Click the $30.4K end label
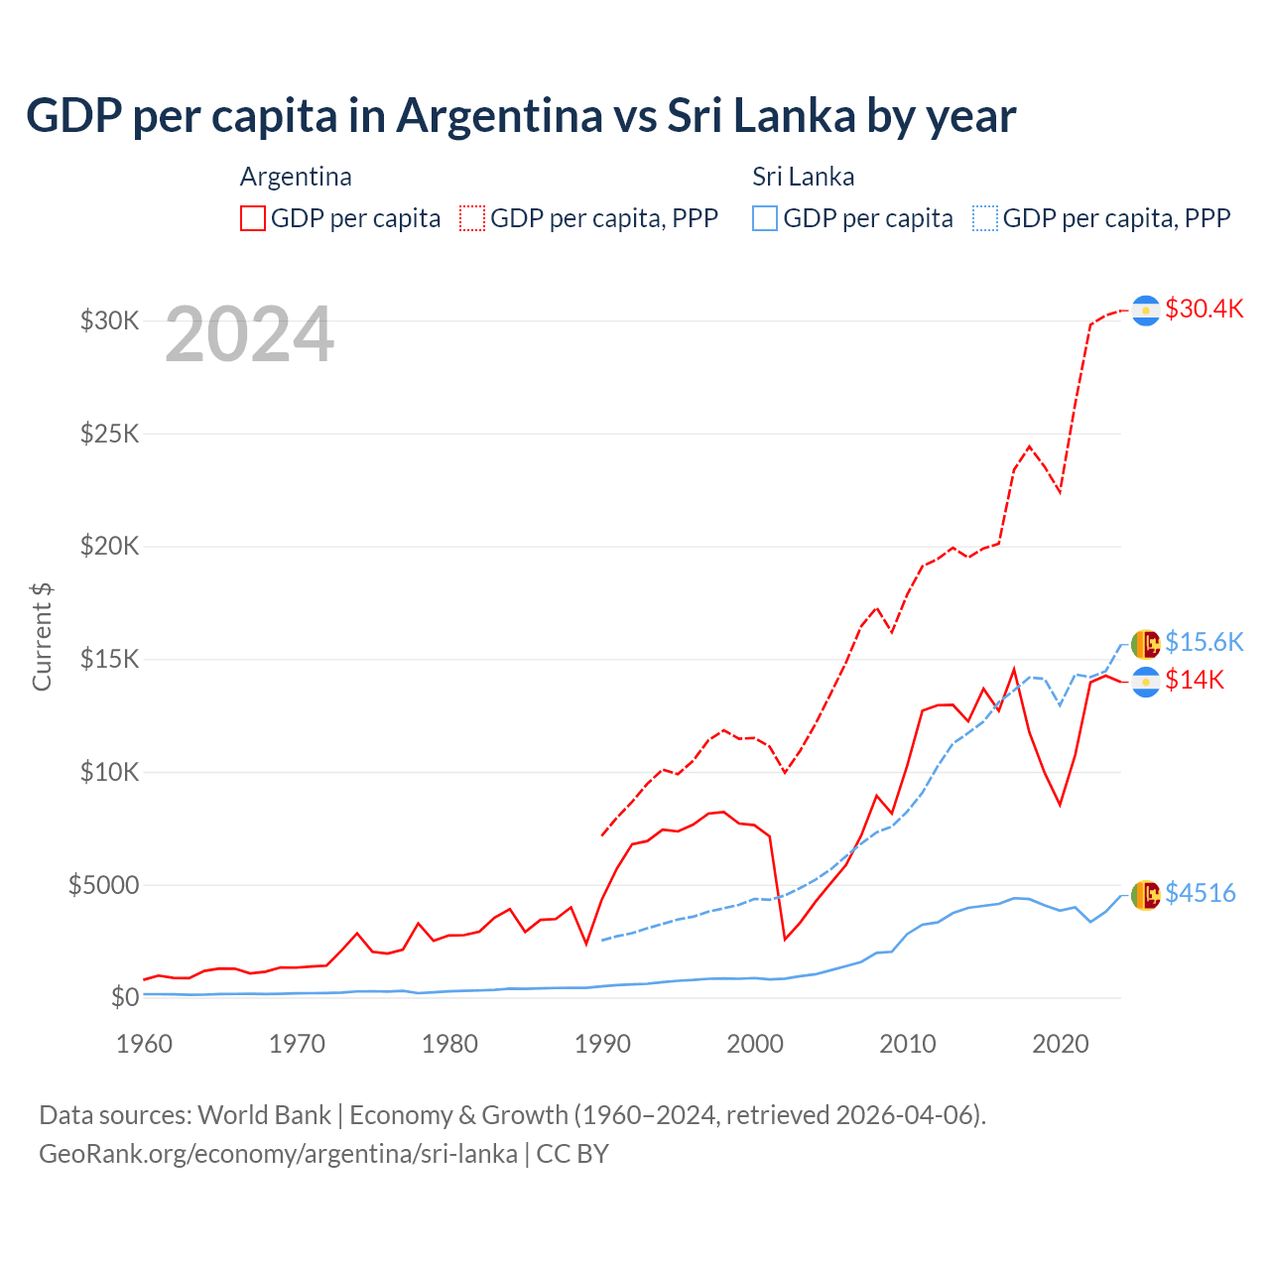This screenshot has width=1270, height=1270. tap(1204, 309)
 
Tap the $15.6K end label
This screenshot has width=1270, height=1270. tap(1204, 642)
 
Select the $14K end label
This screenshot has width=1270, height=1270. tap(1195, 680)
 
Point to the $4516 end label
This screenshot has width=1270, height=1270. tap(1200, 893)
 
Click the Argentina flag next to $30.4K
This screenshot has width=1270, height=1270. tap(1146, 311)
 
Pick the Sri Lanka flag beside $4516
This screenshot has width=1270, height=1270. tap(1146, 895)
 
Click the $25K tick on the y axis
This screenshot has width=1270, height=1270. tap(109, 434)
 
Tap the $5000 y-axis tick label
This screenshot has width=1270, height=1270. tap(103, 884)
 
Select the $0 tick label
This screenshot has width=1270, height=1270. tap(124, 997)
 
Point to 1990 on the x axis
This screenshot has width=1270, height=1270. tap(602, 1044)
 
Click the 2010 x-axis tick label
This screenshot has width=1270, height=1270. tap(908, 1044)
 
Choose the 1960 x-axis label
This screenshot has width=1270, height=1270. tap(145, 1044)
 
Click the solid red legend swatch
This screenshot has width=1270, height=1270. tap(253, 218)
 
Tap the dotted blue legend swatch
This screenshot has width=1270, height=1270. tap(985, 218)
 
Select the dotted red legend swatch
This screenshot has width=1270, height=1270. tap(472, 218)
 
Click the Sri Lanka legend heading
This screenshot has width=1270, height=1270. tap(803, 177)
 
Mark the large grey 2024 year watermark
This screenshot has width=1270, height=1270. tap(249, 334)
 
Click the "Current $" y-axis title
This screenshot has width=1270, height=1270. tap(42, 636)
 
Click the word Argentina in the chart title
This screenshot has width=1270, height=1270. tap(499, 115)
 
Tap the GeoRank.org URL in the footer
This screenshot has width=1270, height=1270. tap(278, 1154)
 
